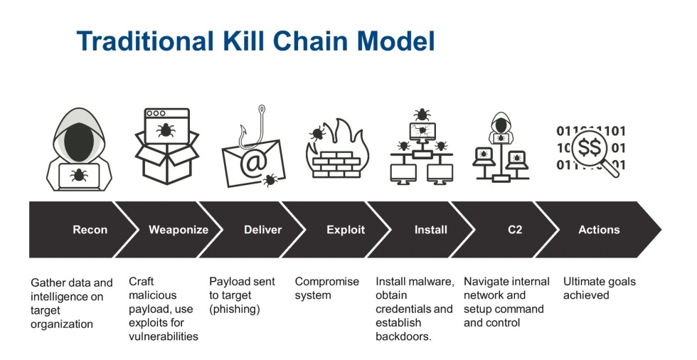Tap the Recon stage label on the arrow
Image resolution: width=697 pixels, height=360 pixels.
[x=90, y=230]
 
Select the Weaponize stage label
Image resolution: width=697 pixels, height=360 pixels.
[x=178, y=230]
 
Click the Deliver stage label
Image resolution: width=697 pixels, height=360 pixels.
[x=262, y=230]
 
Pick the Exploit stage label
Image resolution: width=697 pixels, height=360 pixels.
[x=346, y=230]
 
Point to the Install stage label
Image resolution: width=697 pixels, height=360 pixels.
[x=431, y=230]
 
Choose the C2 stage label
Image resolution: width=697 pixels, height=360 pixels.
[x=514, y=230]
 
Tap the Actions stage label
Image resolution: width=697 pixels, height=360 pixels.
[x=599, y=230]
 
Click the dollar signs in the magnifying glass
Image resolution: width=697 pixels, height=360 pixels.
[x=590, y=148]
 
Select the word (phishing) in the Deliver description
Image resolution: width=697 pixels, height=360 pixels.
[x=235, y=309]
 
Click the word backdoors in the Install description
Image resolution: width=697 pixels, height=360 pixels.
[x=403, y=337]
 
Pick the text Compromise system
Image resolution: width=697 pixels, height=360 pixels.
[x=327, y=288]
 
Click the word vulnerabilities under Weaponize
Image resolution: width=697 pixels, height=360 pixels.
[x=163, y=337]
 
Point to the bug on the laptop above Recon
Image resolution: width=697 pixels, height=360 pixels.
[x=79, y=174]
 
